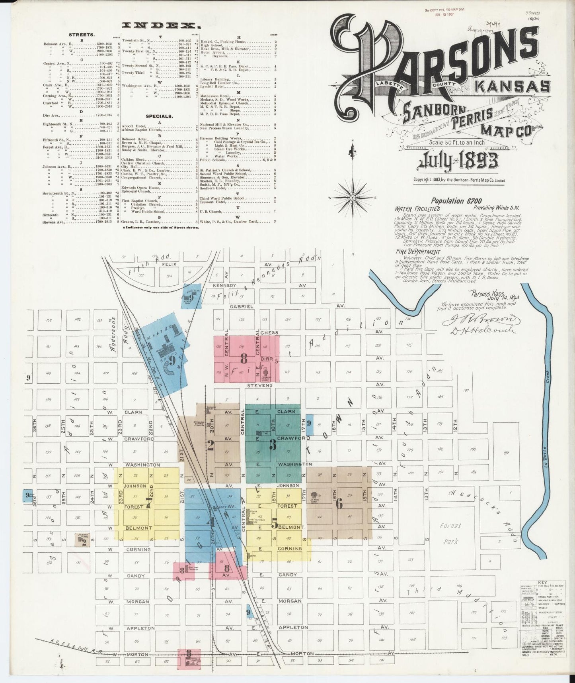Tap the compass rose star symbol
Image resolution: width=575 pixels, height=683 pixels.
coord(353,197)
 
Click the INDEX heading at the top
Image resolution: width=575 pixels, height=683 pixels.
coord(161,26)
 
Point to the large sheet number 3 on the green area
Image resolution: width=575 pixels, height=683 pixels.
coord(273,446)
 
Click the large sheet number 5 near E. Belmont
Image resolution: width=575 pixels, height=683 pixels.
coord(274,524)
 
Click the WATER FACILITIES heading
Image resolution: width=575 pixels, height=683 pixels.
coord(417,208)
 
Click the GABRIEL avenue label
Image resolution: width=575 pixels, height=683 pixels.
coord(241,306)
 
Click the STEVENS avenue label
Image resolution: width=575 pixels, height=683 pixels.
coord(259,385)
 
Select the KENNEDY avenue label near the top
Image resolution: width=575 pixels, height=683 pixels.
coord(225,285)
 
